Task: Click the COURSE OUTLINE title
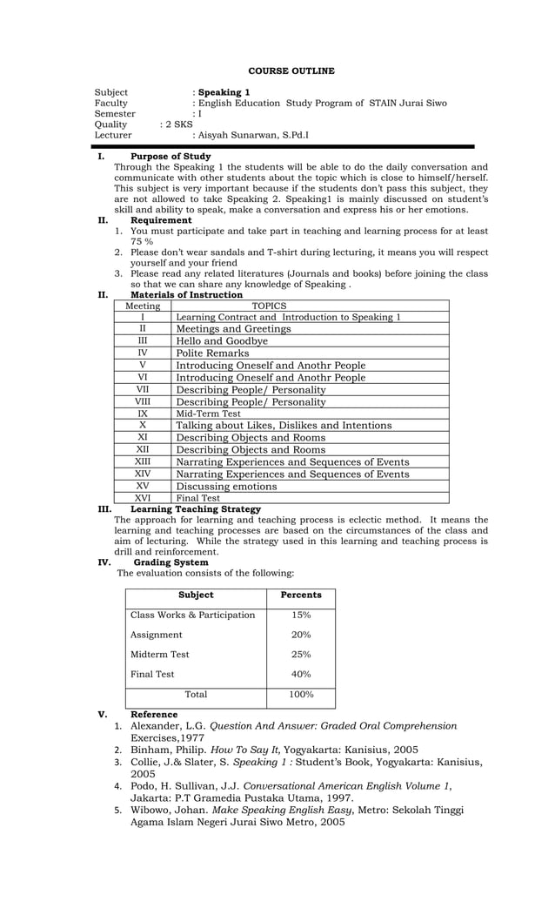pyautogui.click(x=291, y=71)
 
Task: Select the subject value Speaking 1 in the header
pyautogui.click(x=224, y=92)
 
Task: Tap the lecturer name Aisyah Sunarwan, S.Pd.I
pyautogui.click(x=252, y=135)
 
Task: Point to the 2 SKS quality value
pyautogui.click(x=178, y=124)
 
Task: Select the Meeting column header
pyautogui.click(x=143, y=306)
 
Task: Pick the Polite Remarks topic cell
pyautogui.click(x=212, y=353)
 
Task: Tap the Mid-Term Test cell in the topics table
pyautogui.click(x=209, y=414)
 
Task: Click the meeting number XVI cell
pyautogui.click(x=143, y=498)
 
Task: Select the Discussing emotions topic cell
pyautogui.click(x=226, y=486)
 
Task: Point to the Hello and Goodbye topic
pyautogui.click(x=222, y=341)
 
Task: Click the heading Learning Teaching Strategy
pyautogui.click(x=195, y=509)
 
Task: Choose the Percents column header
pyautogui.click(x=300, y=595)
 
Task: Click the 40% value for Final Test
pyautogui.click(x=300, y=674)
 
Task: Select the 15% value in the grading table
pyautogui.click(x=300, y=615)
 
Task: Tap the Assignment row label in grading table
pyautogui.click(x=157, y=635)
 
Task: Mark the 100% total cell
pyautogui.click(x=300, y=695)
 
